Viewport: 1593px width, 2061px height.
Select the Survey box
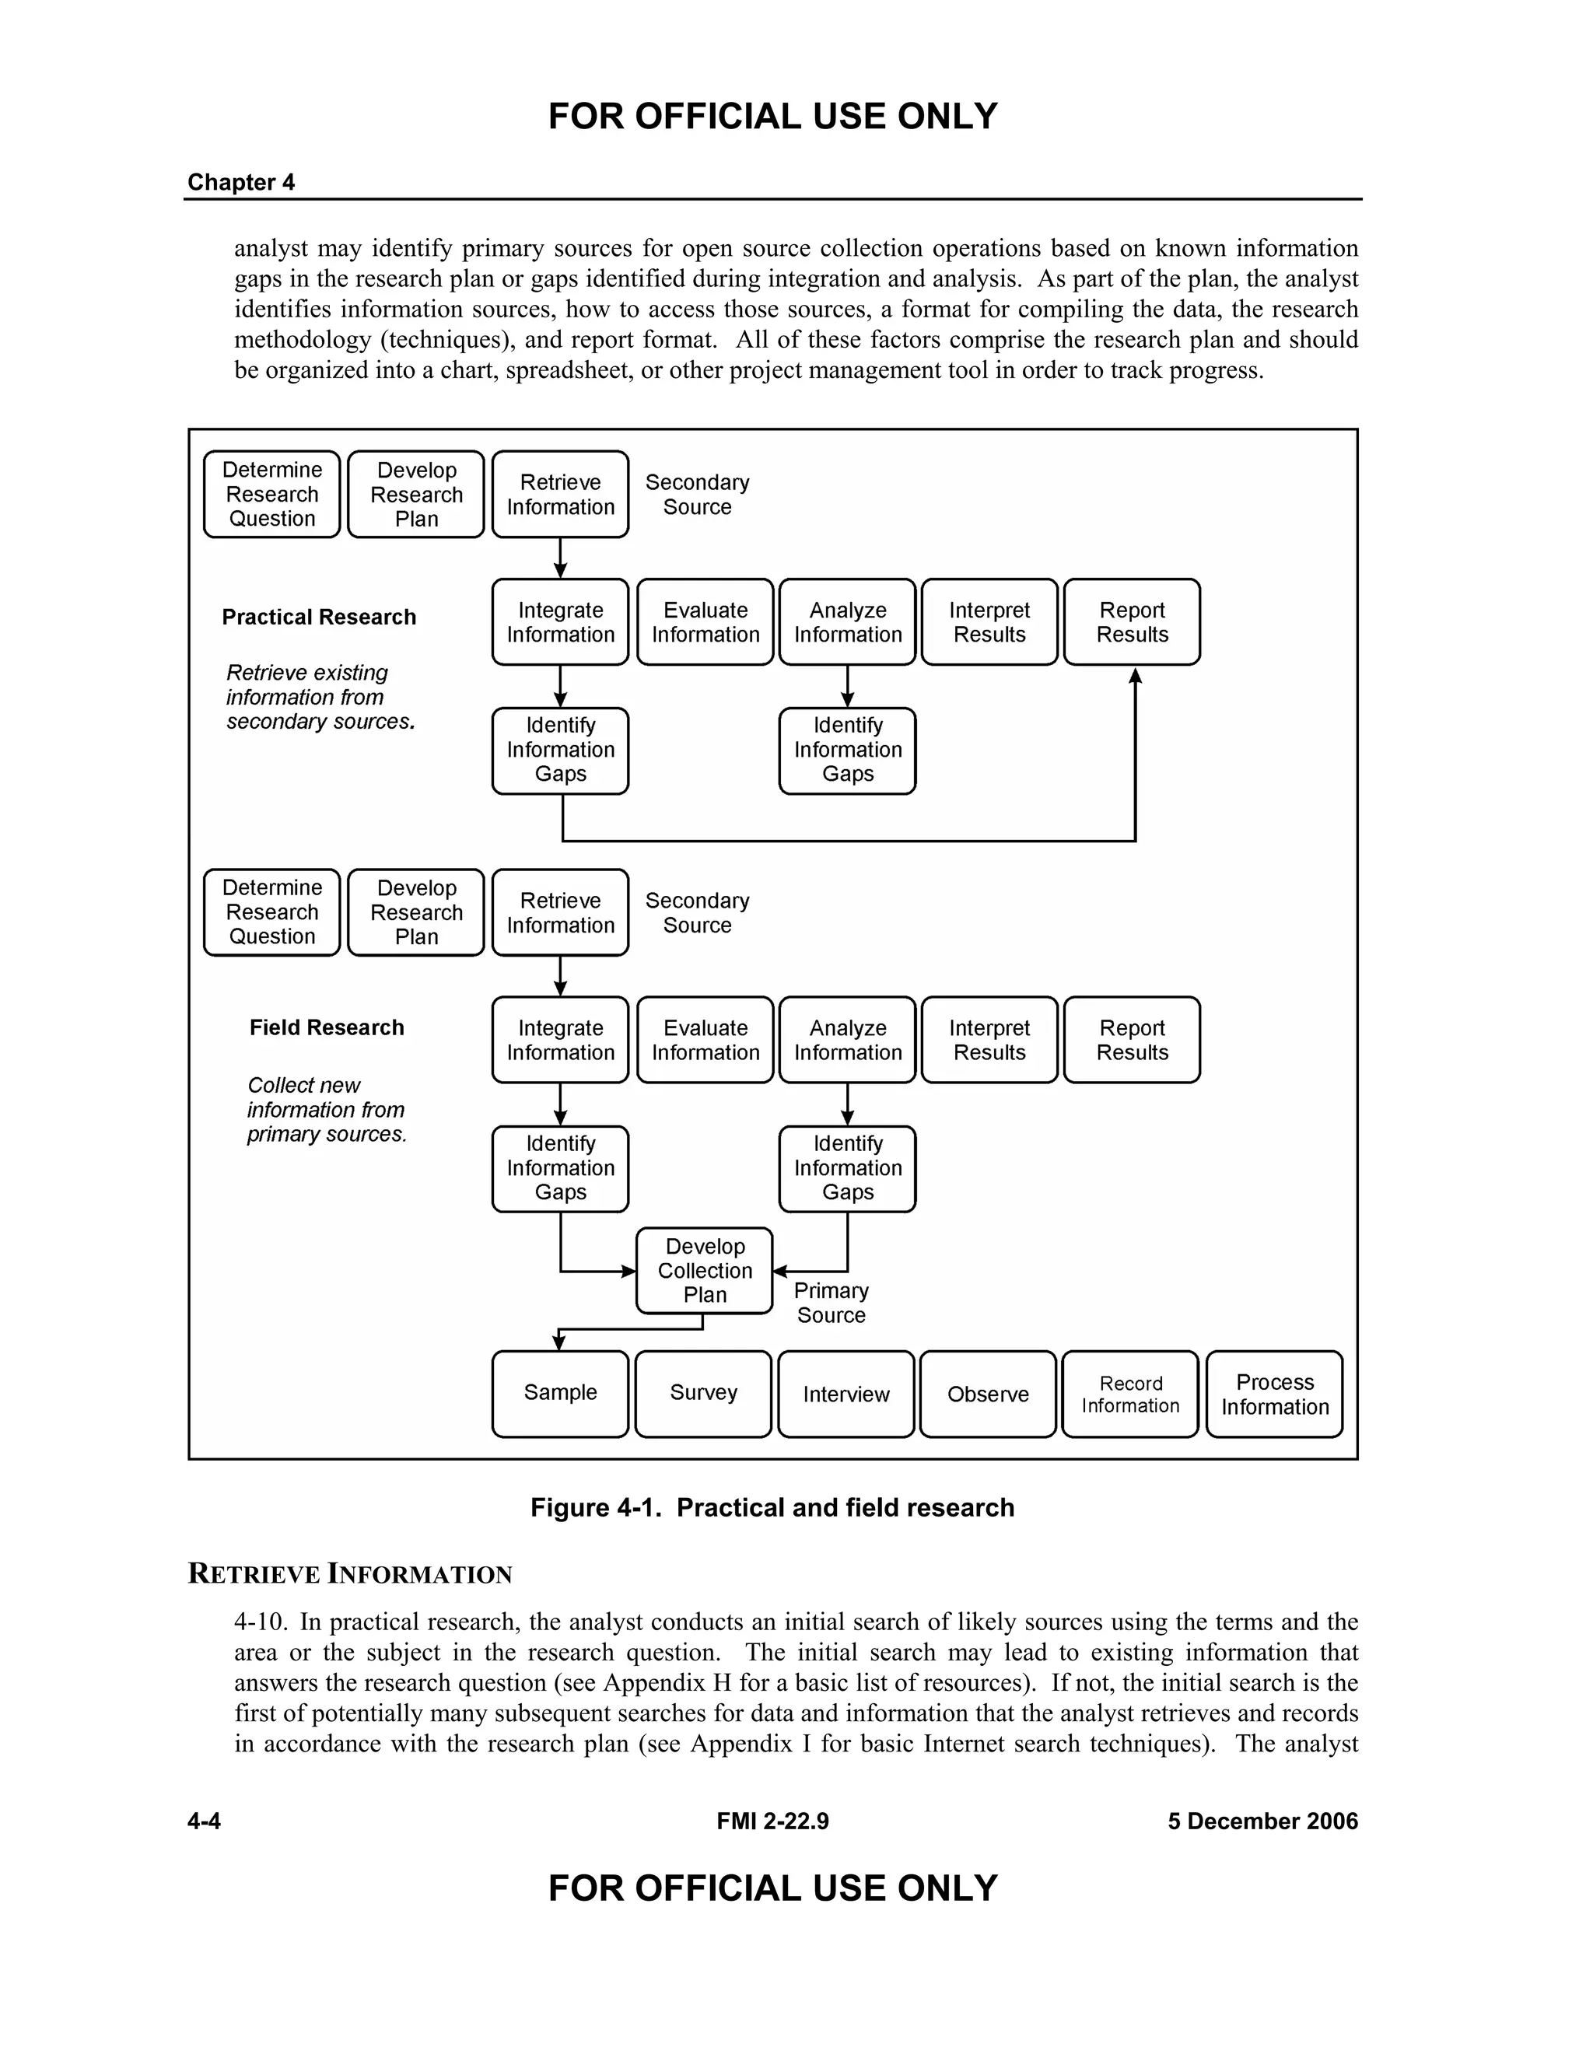[703, 1393]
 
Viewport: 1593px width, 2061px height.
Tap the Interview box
[846, 1394]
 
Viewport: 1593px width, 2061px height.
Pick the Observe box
[988, 1394]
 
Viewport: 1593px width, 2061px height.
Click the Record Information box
[1129, 1394]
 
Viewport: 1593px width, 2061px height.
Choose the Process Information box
[1274, 1394]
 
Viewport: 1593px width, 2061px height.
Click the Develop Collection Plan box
[704, 1270]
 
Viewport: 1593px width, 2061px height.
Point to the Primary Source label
[831, 1302]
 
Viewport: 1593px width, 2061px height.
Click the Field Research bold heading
[327, 1027]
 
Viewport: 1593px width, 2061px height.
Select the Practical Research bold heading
[319, 618]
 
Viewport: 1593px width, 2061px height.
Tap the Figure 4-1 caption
[772, 1507]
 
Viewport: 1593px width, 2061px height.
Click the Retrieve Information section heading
[350, 1574]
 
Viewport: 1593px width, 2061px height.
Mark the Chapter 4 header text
[240, 182]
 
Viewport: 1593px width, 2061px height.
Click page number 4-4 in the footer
[204, 1821]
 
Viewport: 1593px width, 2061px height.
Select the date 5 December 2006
[1262, 1821]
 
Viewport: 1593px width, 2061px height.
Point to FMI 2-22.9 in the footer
[772, 1821]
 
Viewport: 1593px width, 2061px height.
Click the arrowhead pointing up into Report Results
[1136, 676]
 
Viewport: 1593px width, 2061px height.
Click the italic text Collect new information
[304, 1085]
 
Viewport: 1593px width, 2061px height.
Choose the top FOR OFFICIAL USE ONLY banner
[772, 117]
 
